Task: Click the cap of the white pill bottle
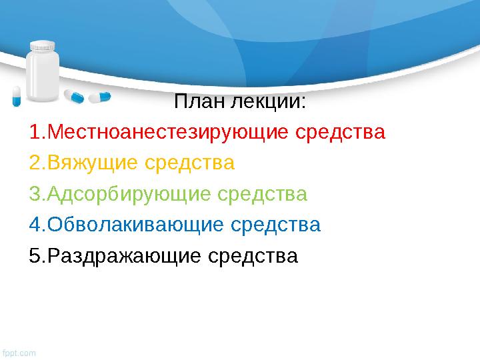point(42,47)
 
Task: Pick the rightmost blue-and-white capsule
point(99,97)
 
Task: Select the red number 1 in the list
point(35,132)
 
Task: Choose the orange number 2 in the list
point(35,163)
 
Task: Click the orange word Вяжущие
point(92,163)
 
